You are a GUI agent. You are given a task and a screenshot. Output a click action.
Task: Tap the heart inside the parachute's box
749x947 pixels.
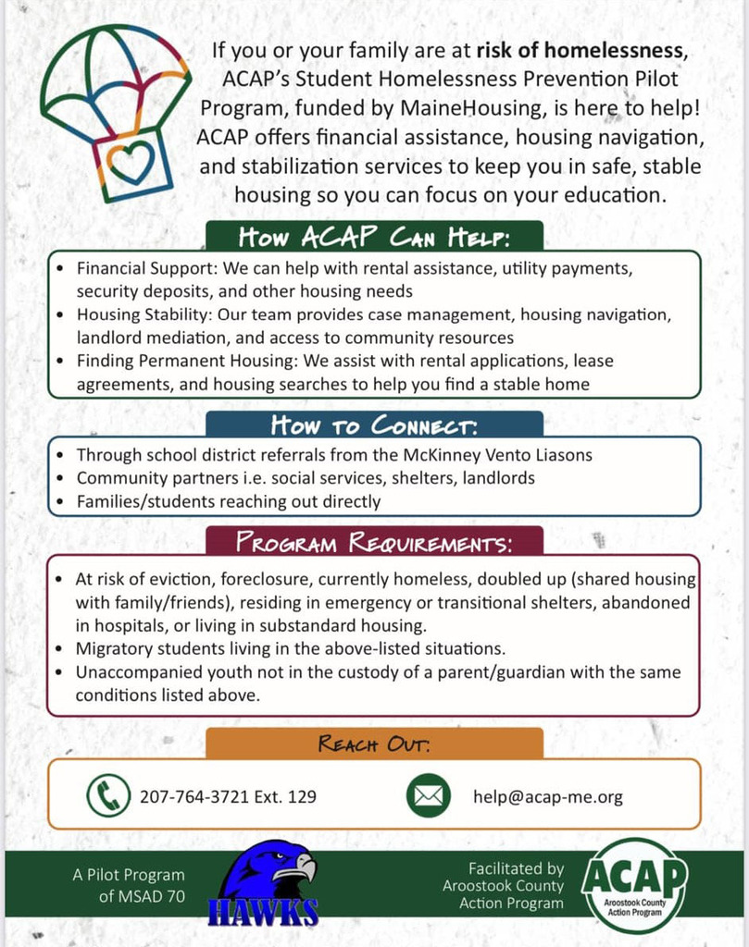tap(131, 162)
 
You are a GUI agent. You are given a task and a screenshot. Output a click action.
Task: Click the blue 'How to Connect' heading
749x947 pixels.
tap(374, 425)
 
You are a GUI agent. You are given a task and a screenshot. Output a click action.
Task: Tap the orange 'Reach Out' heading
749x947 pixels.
tap(374, 743)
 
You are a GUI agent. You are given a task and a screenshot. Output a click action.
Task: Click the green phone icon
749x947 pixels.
tap(108, 795)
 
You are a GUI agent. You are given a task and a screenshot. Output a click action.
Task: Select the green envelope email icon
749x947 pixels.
tap(429, 795)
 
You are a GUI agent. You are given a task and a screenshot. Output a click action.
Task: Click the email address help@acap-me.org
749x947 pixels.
tap(547, 796)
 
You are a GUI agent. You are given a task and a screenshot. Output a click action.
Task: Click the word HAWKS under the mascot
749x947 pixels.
tap(268, 912)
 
